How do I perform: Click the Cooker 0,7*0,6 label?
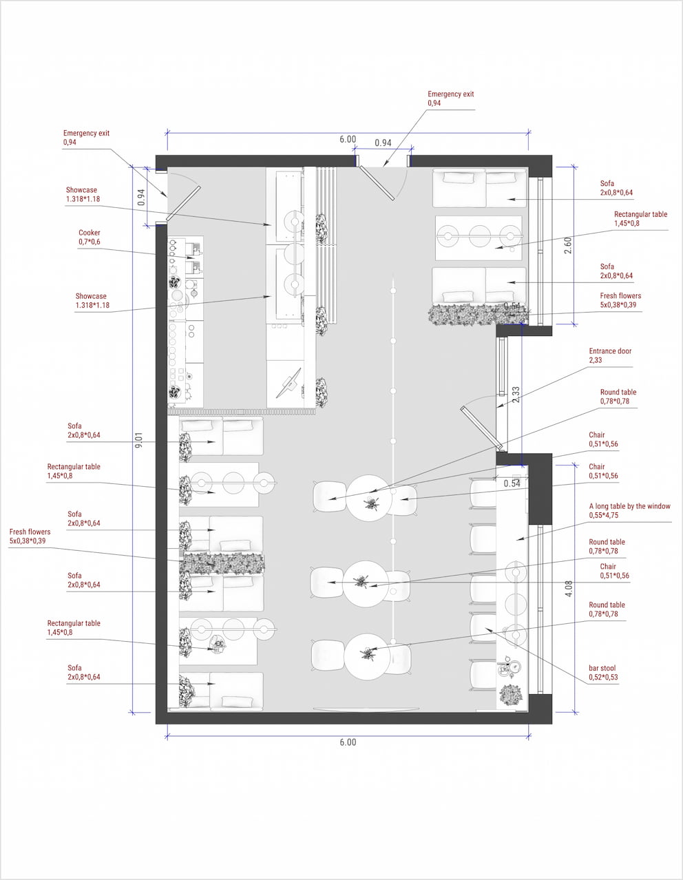(x=90, y=238)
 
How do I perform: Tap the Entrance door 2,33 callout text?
(x=610, y=355)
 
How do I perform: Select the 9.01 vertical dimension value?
(x=139, y=440)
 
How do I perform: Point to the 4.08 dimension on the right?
(x=569, y=589)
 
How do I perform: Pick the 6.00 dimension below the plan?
(x=348, y=742)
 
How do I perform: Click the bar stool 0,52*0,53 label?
(x=603, y=673)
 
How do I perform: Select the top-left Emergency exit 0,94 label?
(x=86, y=138)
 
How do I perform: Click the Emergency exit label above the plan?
(x=450, y=98)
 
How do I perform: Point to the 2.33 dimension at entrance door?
(x=516, y=395)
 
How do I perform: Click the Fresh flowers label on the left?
(x=30, y=536)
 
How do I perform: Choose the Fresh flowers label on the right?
(x=620, y=300)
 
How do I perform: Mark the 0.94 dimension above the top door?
(x=383, y=143)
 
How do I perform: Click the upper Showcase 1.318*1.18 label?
(x=83, y=194)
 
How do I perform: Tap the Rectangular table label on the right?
(x=640, y=219)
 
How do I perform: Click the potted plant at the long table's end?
(x=511, y=695)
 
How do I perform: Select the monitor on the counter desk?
(x=289, y=383)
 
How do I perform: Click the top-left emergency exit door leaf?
(x=182, y=204)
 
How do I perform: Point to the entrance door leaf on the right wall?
(x=481, y=428)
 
